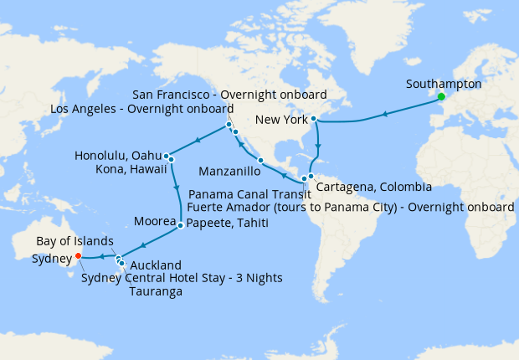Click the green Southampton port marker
click(x=440, y=96)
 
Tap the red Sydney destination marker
click(x=78, y=256)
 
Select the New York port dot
click(x=313, y=119)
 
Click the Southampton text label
click(x=443, y=85)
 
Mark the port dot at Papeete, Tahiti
click(x=181, y=225)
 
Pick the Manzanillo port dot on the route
click(x=261, y=160)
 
